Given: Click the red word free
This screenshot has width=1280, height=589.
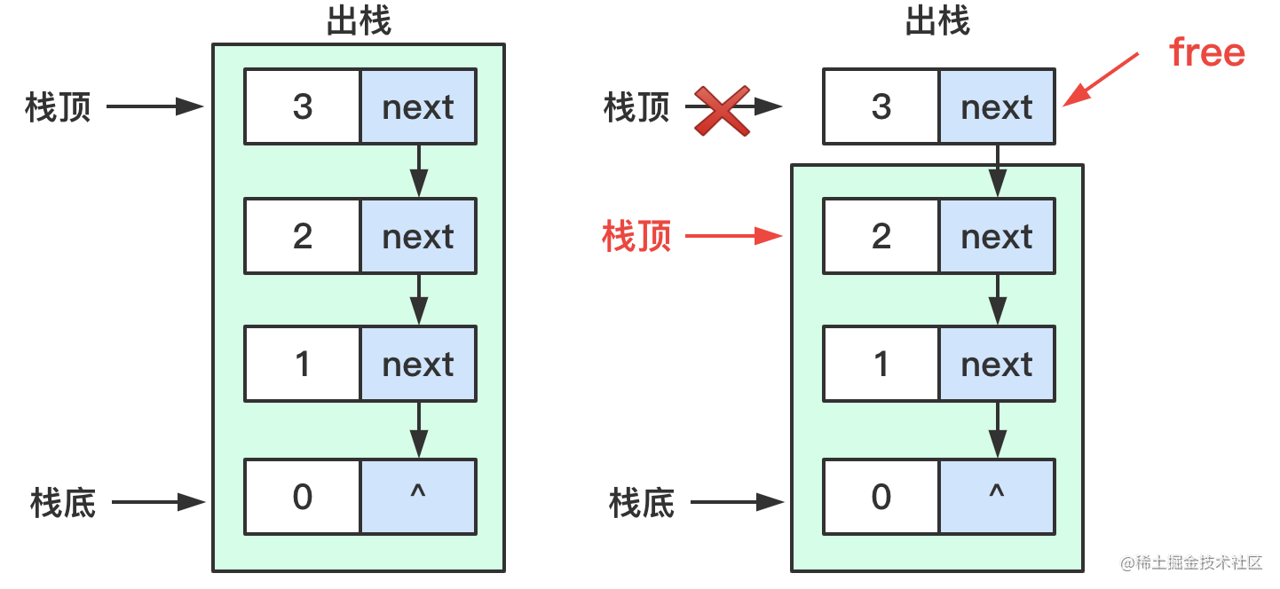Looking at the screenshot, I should click(1207, 52).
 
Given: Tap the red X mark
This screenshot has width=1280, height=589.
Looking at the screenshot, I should click(722, 111).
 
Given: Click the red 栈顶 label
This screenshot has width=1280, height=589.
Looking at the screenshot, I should click(636, 237).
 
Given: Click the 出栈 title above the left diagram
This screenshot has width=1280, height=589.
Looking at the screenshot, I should click(359, 22).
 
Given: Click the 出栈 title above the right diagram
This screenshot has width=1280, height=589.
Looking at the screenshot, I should click(937, 22).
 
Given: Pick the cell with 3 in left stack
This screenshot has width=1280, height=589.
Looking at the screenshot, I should click(303, 106).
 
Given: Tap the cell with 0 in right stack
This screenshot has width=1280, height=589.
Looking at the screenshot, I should click(881, 497).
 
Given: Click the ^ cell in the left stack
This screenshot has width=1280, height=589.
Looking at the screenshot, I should click(418, 497).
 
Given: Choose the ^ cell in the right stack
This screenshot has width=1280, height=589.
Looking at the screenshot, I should click(997, 497).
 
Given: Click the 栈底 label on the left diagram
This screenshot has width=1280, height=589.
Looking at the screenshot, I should click(62, 503).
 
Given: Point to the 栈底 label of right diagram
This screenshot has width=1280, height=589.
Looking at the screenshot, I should click(641, 503).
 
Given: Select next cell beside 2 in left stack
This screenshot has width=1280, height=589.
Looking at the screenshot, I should click(418, 236).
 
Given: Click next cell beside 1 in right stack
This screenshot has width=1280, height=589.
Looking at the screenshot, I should click(997, 364).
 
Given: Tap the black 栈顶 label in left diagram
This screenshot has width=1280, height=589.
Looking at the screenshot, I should click(59, 108).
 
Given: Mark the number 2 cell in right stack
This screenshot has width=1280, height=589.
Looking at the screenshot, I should click(881, 236).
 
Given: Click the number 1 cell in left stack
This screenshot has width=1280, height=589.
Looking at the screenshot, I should click(303, 364).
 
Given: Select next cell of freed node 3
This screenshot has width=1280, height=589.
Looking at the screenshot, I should click(997, 106).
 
